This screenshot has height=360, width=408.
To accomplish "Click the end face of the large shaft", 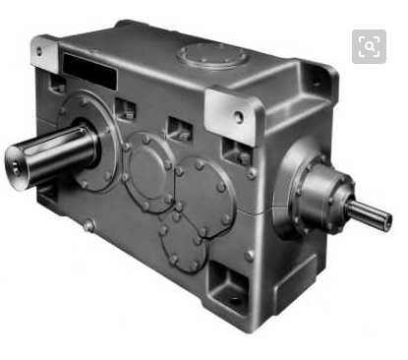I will coord(23,162).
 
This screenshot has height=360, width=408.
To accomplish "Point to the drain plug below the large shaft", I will coord(89,225).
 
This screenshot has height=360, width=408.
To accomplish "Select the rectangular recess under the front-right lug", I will coord(237,152).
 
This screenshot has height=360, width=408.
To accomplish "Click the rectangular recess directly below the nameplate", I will coord(125,108).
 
